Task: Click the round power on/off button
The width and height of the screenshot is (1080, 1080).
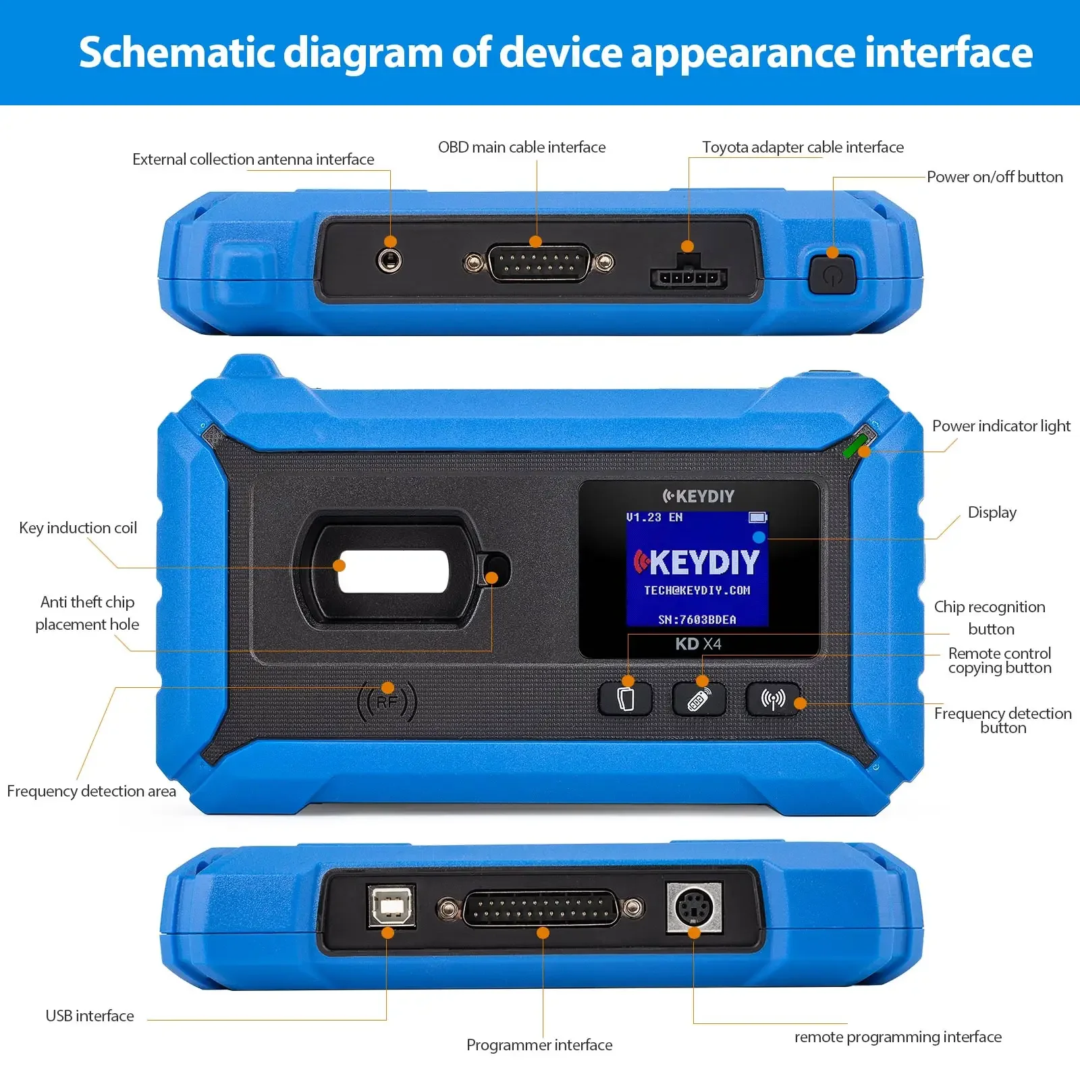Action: (x=832, y=275)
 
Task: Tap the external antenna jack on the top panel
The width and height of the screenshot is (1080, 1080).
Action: (x=389, y=260)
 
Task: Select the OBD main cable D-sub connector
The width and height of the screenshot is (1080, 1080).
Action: (x=537, y=263)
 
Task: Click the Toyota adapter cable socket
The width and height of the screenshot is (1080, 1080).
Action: (x=688, y=275)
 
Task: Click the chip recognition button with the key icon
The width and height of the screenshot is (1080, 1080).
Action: (x=626, y=699)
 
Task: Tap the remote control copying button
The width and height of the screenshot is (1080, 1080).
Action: (x=699, y=699)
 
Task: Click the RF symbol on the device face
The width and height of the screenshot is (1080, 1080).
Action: (x=387, y=702)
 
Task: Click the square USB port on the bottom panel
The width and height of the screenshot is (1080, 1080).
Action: (x=391, y=906)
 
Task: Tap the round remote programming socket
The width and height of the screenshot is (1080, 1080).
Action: (x=694, y=907)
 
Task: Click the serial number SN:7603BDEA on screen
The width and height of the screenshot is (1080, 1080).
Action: (x=697, y=620)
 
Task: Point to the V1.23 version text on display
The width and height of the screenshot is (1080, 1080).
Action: (x=643, y=518)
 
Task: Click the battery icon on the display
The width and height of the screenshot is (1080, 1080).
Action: (x=757, y=518)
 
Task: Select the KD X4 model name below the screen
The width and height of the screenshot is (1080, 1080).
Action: (x=698, y=644)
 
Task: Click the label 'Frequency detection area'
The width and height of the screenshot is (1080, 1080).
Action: (x=91, y=791)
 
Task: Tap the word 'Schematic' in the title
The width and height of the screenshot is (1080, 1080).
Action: (x=178, y=53)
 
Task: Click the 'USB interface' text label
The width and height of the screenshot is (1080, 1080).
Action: (x=90, y=1016)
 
